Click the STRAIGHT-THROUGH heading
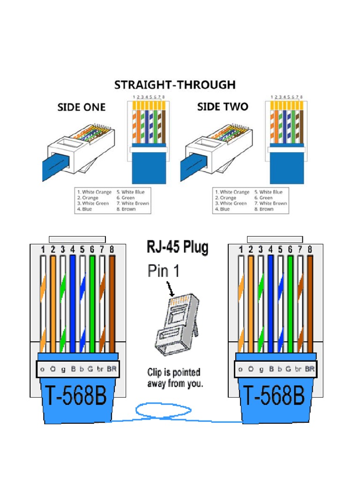pyautogui.click(x=175, y=85)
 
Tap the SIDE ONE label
pyautogui.click(x=81, y=107)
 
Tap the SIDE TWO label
pyautogui.click(x=223, y=107)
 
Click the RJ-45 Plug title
pyautogui.click(x=178, y=247)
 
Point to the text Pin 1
pyautogui.click(x=164, y=271)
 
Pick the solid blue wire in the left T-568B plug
pyautogui.click(x=73, y=305)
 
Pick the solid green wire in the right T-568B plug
pyautogui.click(x=290, y=305)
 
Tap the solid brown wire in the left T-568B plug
pyautogui.click(x=112, y=305)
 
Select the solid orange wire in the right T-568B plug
pyautogui.click(x=251, y=305)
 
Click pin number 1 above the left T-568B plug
pyautogui.click(x=43, y=250)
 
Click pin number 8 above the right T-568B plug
pyautogui.click(x=310, y=250)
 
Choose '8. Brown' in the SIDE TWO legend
pyautogui.click(x=264, y=210)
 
